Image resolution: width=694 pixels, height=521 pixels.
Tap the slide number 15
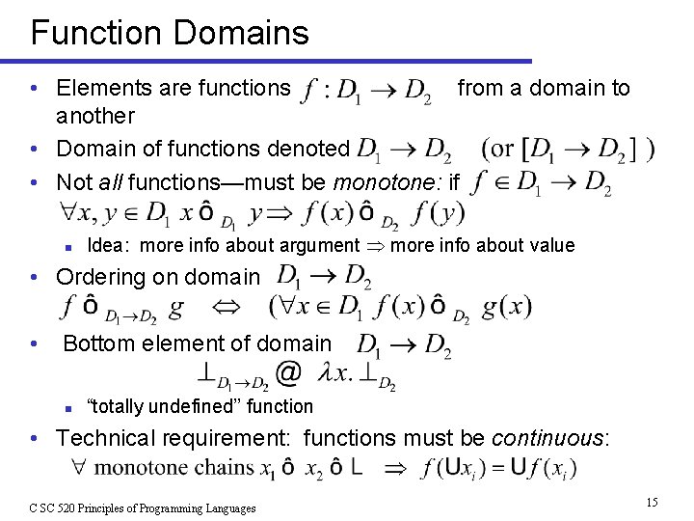652,503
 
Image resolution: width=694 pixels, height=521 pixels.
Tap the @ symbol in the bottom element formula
286,372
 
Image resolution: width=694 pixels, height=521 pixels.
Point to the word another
95,116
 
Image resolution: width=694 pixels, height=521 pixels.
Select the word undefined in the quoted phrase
194,406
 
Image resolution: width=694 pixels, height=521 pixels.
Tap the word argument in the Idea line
320,245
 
